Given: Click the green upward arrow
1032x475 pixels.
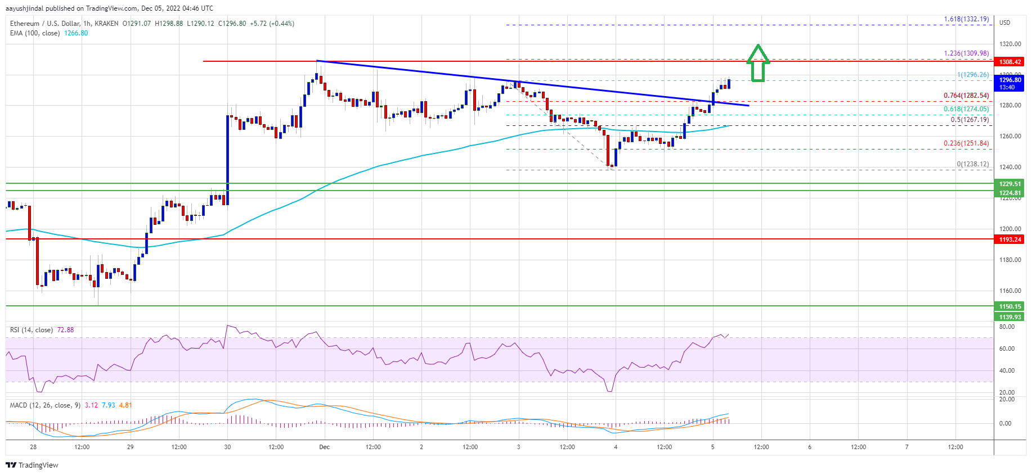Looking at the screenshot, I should (758, 63).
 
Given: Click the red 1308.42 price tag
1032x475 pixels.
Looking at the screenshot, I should (1009, 62).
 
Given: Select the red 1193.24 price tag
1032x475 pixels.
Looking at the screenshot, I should (1009, 239).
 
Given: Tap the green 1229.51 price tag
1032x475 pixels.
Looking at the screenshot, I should (1009, 184).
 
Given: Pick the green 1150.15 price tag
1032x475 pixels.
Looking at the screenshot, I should (1009, 306).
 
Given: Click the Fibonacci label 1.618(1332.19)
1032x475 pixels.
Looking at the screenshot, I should (966, 19).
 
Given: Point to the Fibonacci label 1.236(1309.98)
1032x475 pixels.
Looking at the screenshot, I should (966, 53).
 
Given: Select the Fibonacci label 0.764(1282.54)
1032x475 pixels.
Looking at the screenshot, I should (966, 96).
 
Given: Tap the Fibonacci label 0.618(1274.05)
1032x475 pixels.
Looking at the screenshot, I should (966, 109).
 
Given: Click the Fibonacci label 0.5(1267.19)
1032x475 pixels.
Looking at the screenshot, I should (970, 120).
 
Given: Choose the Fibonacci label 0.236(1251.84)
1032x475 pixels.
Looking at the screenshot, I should (966, 143).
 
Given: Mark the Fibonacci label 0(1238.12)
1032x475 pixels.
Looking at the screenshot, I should (972, 164).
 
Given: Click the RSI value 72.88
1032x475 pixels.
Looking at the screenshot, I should (65, 330).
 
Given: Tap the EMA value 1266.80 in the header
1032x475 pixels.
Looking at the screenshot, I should (77, 33).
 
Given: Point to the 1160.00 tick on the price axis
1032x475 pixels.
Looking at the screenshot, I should (1009, 291).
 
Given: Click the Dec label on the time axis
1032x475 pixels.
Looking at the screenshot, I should (324, 447).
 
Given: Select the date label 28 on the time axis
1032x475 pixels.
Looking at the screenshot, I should (33, 447).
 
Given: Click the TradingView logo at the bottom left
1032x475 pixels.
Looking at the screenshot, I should (32, 465).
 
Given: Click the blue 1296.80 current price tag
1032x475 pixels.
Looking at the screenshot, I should (1009, 83).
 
